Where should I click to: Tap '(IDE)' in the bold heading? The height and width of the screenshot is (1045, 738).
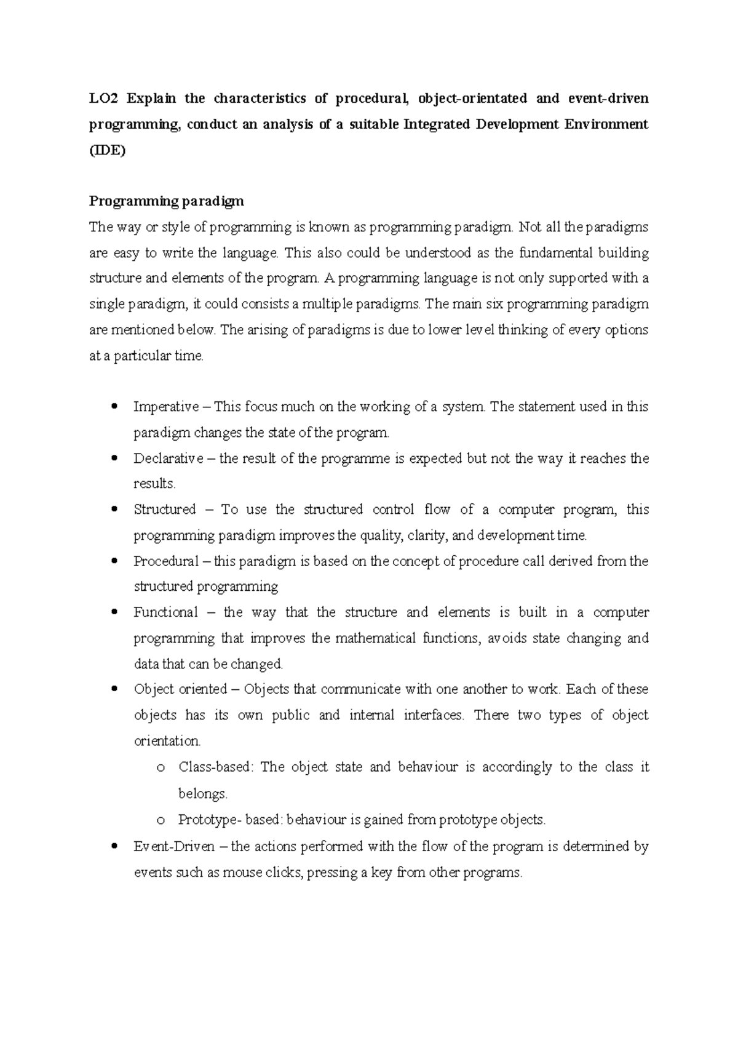(x=107, y=150)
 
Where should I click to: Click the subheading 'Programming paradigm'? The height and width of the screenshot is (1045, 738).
(x=167, y=201)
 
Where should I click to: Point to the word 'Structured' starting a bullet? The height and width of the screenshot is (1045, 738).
(x=165, y=510)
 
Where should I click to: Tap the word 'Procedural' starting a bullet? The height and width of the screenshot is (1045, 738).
(x=166, y=561)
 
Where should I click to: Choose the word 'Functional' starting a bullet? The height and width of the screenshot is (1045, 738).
(x=165, y=612)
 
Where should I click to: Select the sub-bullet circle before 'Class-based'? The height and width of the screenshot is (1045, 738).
(x=161, y=768)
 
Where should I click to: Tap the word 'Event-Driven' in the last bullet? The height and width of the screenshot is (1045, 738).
(x=174, y=846)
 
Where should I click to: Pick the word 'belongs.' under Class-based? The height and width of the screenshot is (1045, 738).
(x=203, y=794)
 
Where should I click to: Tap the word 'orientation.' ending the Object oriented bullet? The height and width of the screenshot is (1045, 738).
(x=167, y=741)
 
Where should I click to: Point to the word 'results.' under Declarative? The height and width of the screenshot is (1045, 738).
(x=155, y=484)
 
